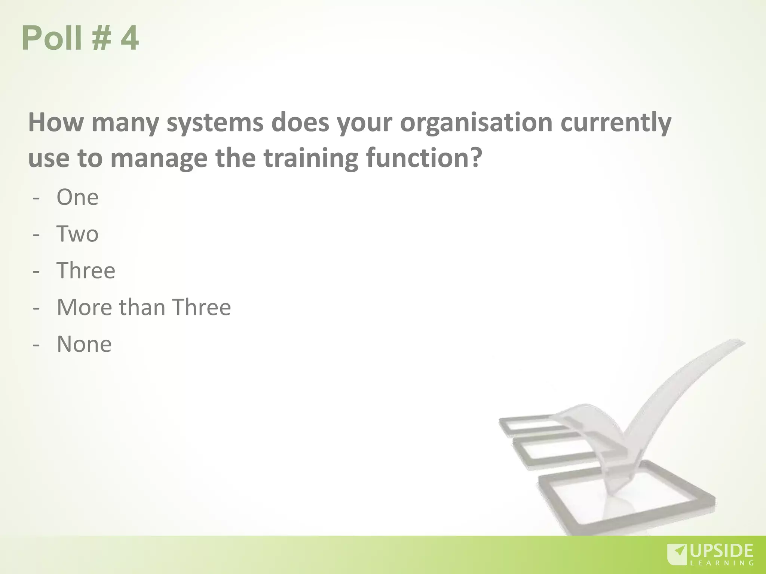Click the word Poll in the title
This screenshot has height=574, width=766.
click(x=52, y=38)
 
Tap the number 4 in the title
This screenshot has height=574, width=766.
click(x=129, y=38)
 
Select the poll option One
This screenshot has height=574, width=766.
click(x=77, y=197)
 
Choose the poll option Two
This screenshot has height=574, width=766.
click(x=77, y=234)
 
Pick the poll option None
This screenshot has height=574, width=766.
click(x=84, y=344)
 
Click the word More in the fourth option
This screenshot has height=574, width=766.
click(x=84, y=307)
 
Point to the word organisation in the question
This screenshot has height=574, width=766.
click(x=476, y=123)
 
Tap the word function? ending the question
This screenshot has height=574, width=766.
click(x=424, y=158)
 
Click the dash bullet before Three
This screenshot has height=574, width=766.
click(x=36, y=271)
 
